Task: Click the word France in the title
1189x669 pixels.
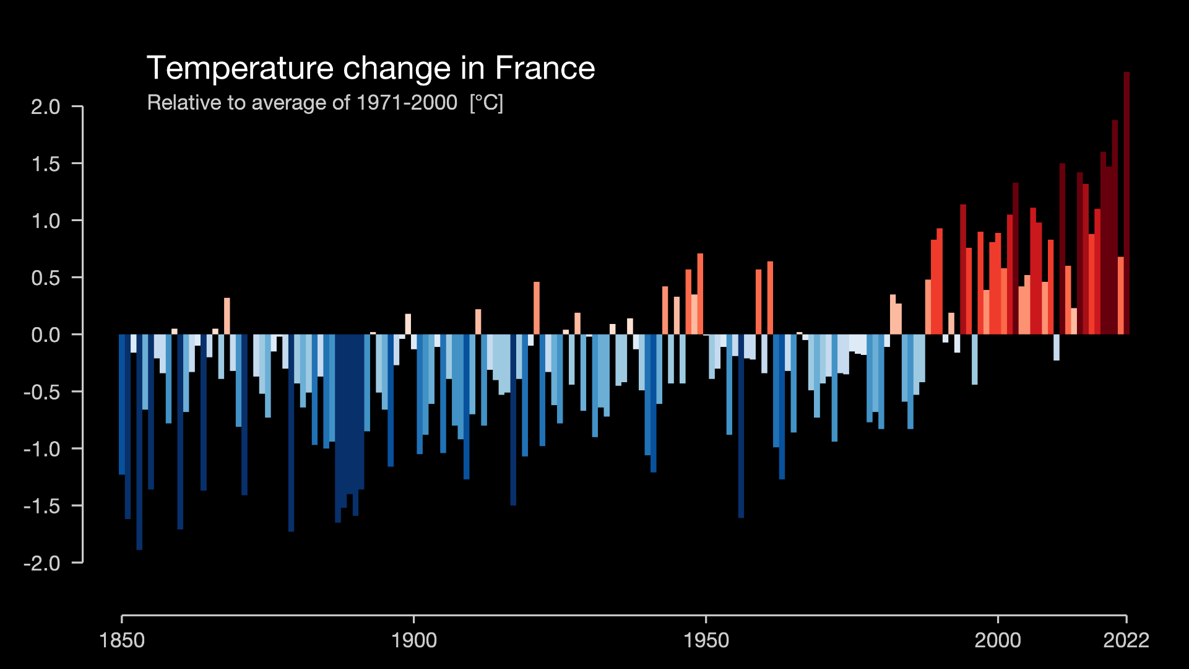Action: [x=545, y=68]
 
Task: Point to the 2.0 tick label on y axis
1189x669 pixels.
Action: [x=46, y=107]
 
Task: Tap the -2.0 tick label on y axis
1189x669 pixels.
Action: [x=42, y=563]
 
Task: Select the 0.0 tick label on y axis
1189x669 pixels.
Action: [x=46, y=335]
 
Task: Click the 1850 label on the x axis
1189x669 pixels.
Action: [x=122, y=640]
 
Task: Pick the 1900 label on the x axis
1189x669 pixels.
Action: [x=414, y=640]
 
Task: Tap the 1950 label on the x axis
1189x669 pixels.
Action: [x=706, y=640]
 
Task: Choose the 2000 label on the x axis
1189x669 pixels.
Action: [x=998, y=640]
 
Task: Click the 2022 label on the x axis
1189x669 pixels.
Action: [x=1126, y=640]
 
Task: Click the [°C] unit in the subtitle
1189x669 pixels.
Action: [x=486, y=103]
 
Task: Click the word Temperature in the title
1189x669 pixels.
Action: [x=240, y=68]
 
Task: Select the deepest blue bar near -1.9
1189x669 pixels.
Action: [x=139, y=442]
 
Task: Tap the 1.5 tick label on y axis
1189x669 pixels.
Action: [x=46, y=164]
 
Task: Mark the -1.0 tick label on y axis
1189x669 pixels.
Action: [x=42, y=449]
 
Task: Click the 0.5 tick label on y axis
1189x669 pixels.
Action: [x=46, y=278]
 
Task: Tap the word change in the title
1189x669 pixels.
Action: [x=397, y=68]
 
